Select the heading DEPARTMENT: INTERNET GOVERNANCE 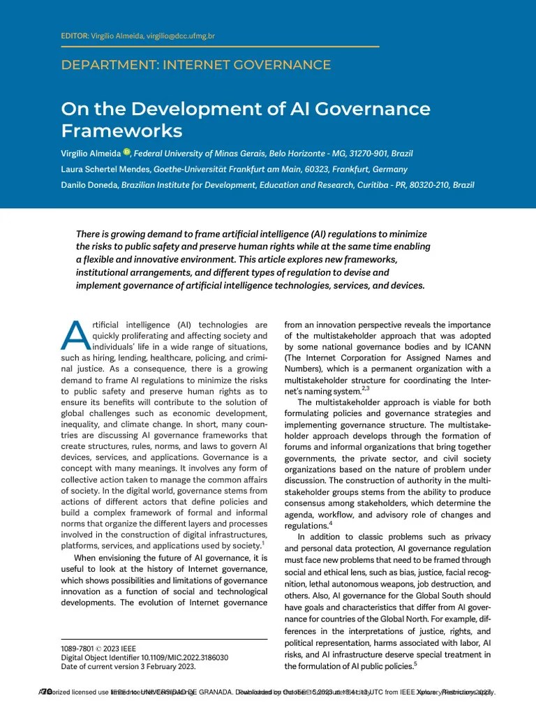click(x=196, y=66)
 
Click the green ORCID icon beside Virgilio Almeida click(x=127, y=152)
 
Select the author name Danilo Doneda click(x=89, y=185)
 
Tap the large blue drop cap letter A click(x=74, y=337)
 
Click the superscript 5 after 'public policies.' click(x=415, y=663)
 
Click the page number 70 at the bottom click(x=47, y=692)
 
